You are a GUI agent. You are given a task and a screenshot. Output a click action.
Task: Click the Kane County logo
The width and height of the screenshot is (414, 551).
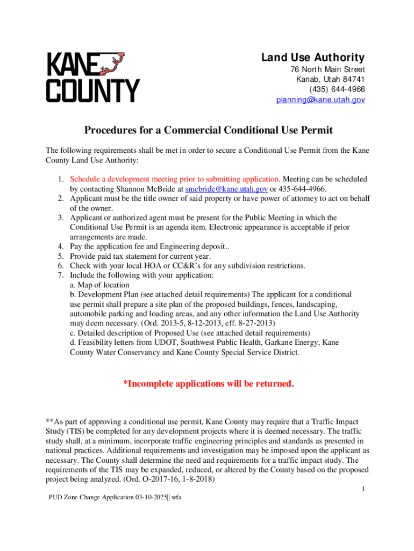pyautogui.click(x=92, y=77)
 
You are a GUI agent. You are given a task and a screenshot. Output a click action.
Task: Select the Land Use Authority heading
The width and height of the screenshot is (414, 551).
pyautogui.click(x=313, y=58)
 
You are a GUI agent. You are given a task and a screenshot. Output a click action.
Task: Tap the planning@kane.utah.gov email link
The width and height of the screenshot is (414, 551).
pyautogui.click(x=320, y=100)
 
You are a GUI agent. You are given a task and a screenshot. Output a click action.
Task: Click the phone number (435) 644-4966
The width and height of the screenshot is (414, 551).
pyautogui.click(x=337, y=89)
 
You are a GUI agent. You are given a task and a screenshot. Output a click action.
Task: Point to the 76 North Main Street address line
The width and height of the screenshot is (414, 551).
pyautogui.click(x=327, y=70)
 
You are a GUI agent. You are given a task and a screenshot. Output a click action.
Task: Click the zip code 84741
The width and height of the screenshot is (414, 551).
pyautogui.click(x=354, y=80)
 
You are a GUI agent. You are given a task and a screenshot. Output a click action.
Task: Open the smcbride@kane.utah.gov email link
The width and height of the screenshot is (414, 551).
pyautogui.click(x=226, y=189)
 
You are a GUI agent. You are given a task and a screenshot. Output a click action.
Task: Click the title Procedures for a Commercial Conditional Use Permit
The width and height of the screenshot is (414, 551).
pyautogui.click(x=208, y=130)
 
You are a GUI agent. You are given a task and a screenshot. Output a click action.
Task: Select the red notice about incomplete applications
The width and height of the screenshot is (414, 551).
pyautogui.click(x=209, y=384)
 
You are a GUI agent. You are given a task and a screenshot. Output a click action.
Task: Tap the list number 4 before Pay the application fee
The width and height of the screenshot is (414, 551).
pyautogui.click(x=61, y=246)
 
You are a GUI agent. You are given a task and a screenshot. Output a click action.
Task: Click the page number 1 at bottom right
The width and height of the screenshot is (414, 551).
pyautogui.click(x=363, y=489)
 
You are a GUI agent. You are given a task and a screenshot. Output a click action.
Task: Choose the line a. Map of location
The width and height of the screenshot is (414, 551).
pyautogui.click(x=99, y=285)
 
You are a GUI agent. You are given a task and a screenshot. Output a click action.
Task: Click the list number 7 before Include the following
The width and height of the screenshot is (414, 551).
pyautogui.click(x=61, y=275)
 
